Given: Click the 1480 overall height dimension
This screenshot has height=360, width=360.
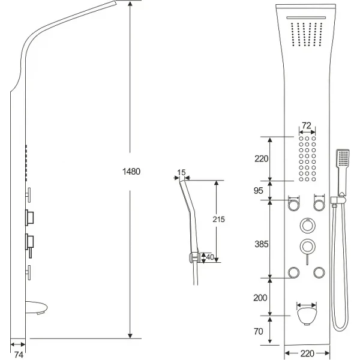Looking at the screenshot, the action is pos(131,172).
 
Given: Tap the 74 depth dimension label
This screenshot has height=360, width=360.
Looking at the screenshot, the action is pos(19,355).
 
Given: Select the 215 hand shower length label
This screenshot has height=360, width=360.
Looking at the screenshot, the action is pos(218,220).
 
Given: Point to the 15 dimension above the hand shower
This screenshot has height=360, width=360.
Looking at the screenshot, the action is pos(181,172).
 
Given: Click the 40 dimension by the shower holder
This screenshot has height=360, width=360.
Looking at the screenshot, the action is pos(210,257).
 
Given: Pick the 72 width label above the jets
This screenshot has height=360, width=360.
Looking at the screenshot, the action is pos(307,125).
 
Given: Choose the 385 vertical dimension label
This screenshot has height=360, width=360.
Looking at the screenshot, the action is pos(261,244).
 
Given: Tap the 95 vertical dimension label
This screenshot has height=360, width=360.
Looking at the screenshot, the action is pos(258,191).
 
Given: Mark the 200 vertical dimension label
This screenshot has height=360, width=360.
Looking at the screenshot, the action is pos(260,298).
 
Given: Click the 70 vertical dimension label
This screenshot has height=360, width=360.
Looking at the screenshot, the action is pos(258,332).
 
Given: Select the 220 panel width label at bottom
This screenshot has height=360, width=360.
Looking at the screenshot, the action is pos(307,353).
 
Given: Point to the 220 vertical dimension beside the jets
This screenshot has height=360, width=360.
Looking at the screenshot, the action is pos(261,158).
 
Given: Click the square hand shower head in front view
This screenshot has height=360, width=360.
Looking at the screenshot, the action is pos(343,158).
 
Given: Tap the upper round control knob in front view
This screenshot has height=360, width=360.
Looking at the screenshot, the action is pos(307,226).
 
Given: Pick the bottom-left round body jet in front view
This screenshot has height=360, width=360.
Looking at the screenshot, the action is pos(293,273).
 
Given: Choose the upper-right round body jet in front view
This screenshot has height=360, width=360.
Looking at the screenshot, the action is pos(319,205).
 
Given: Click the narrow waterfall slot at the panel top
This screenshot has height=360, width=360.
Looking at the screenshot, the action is pos(306,17).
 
